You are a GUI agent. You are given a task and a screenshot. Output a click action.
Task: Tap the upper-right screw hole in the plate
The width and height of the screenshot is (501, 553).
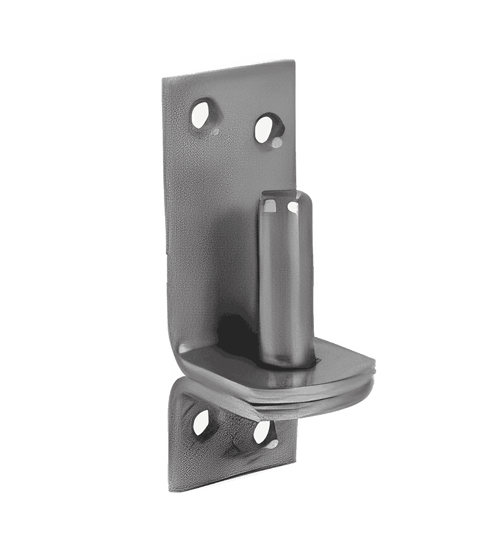pos(266,127)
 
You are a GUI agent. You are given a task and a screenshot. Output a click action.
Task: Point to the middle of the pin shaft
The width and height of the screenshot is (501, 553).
pos(285,280)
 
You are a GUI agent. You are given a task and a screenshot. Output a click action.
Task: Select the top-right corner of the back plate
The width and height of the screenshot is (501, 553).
pos(294,61)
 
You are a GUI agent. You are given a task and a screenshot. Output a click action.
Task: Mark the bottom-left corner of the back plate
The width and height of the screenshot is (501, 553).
pos(169,489)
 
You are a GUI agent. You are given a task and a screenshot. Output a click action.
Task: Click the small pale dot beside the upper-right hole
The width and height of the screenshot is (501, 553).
pos(278,143)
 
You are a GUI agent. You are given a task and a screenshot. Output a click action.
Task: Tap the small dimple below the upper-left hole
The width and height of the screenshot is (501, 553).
pos(215,130)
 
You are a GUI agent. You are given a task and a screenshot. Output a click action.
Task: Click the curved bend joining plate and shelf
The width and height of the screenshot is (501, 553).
pos(183,359)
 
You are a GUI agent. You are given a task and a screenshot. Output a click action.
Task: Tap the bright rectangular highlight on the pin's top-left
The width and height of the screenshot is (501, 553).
pos(268,206)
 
